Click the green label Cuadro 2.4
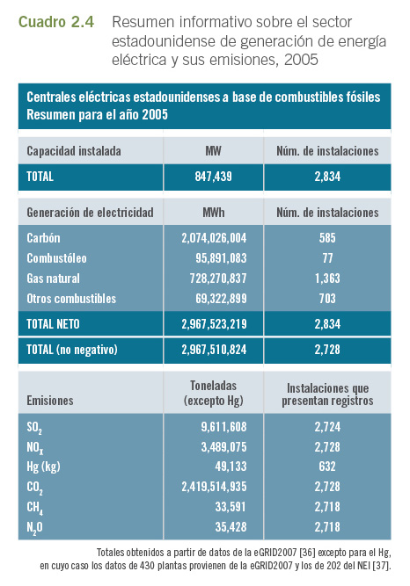56,22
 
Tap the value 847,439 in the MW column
214,177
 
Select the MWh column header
214,213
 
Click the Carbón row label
43,238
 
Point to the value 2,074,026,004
214,238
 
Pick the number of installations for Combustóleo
327,258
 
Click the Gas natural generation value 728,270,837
218,278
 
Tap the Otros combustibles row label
71,298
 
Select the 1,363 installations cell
327,278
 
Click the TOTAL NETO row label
53,323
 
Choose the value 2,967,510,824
214,350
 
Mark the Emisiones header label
50,401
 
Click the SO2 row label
34,428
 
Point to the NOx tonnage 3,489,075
223,447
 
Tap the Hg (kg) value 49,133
231,467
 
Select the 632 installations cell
327,467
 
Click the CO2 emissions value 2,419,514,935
214,487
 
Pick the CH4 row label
34,508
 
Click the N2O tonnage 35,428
231,527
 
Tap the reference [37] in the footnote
382,566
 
